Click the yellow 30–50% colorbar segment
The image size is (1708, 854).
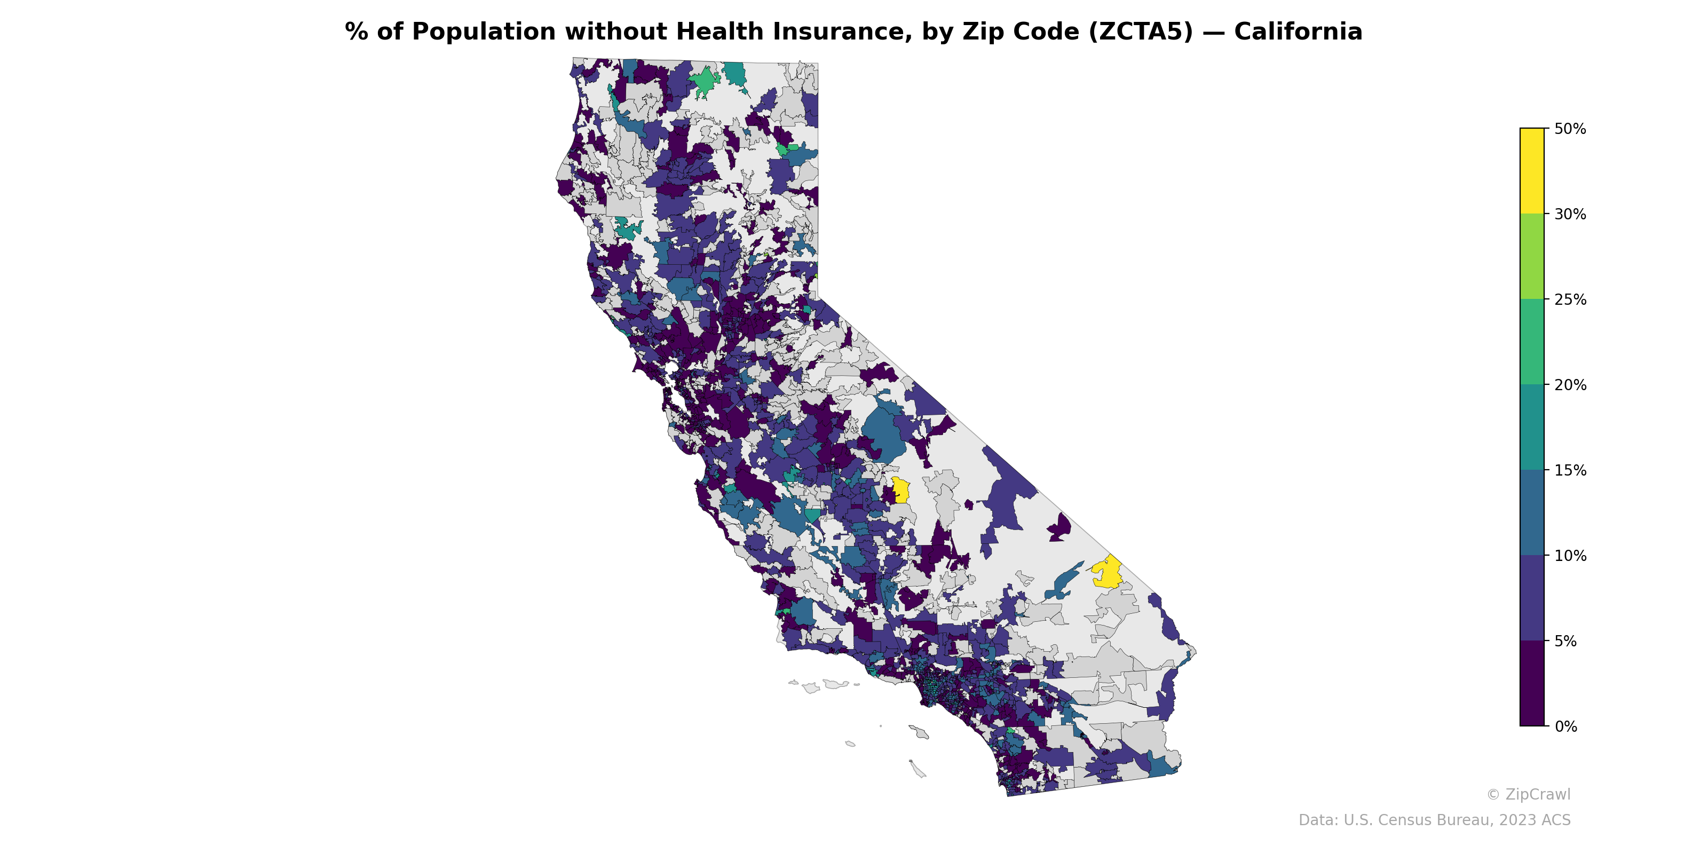click(x=1532, y=170)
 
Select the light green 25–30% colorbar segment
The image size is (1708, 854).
click(x=1532, y=257)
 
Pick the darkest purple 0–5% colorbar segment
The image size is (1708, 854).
click(x=1532, y=684)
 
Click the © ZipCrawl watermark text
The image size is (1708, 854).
click(x=1528, y=794)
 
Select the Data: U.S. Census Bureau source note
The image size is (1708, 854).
click(x=1434, y=820)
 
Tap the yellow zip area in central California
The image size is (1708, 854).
click(x=900, y=491)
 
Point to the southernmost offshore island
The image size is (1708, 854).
click(x=918, y=769)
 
